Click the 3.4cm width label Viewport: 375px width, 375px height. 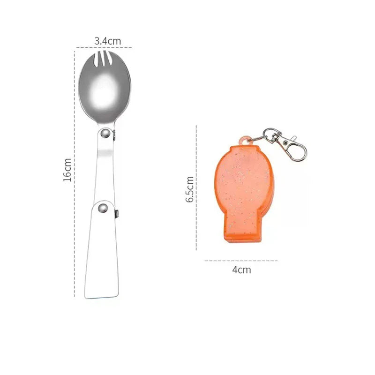(x=108, y=41)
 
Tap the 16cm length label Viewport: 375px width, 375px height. (x=67, y=170)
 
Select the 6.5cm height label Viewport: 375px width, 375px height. (x=190, y=189)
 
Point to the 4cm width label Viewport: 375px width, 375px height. (x=241, y=270)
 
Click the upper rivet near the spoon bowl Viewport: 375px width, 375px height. (x=105, y=133)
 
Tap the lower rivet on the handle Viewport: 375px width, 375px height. (x=103, y=208)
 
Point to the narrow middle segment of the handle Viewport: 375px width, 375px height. (x=105, y=167)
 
